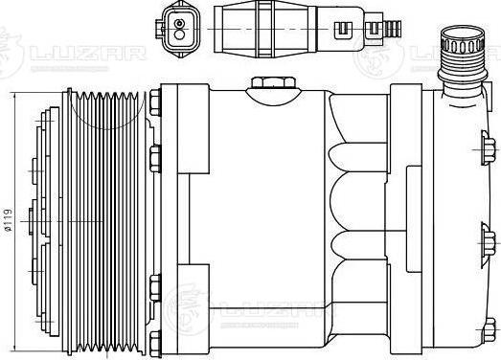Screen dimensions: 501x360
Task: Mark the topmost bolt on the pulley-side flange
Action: coord(155,103)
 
